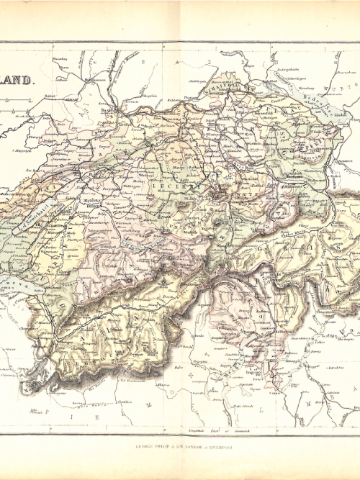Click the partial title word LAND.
[16, 81]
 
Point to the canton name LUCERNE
[167, 184]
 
